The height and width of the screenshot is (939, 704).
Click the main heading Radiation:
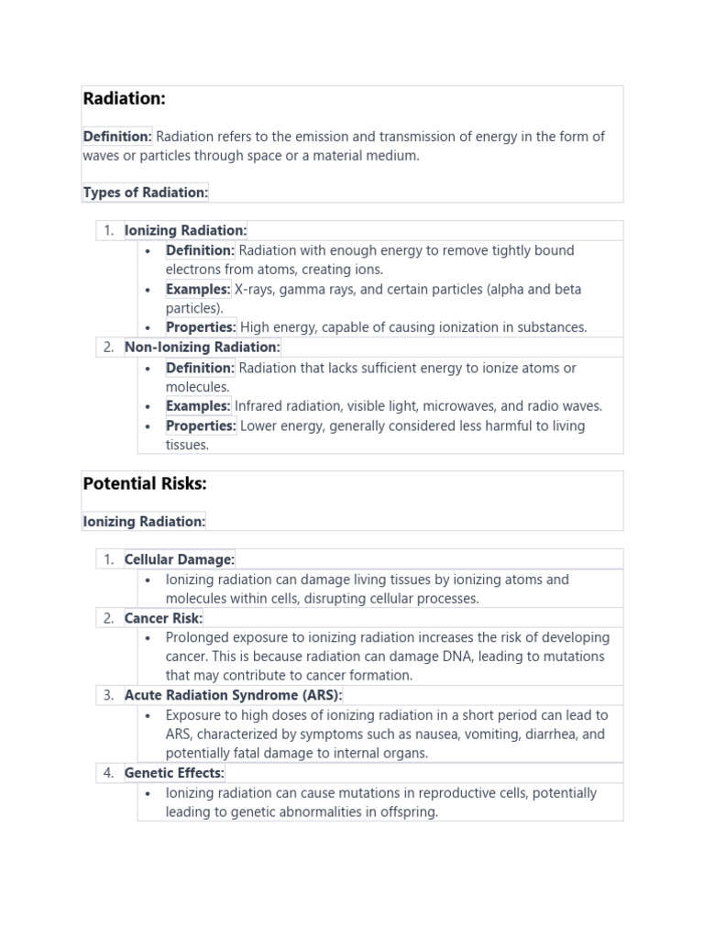[124, 99]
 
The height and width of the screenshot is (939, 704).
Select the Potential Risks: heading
[144, 483]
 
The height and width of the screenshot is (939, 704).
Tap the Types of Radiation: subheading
[146, 192]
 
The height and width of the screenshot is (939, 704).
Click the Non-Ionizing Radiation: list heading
[202, 347]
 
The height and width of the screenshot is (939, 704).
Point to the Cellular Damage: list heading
[179, 558]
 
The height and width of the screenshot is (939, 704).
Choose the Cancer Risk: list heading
[163, 618]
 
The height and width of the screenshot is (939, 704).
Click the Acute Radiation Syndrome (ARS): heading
[233, 695]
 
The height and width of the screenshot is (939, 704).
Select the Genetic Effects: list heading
[174, 773]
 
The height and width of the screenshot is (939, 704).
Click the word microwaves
[472, 405]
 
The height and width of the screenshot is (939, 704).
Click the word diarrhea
[577, 734]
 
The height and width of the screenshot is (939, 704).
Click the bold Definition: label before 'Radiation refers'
[117, 137]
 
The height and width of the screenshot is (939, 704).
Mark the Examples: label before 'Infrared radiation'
[198, 405]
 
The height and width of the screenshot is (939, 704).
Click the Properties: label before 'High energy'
[201, 327]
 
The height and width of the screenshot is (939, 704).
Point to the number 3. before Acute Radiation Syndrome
[108, 695]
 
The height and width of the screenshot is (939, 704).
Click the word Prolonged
[196, 637]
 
